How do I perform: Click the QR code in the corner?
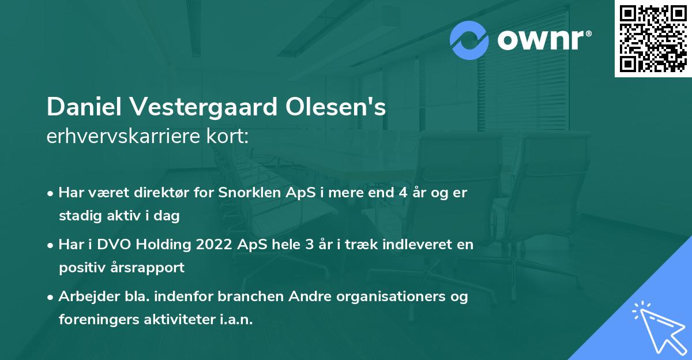[x=653, y=39]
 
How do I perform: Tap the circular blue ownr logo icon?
[x=469, y=40]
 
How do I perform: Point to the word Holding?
[x=154, y=245]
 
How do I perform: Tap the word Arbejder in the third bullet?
[x=83, y=297]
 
